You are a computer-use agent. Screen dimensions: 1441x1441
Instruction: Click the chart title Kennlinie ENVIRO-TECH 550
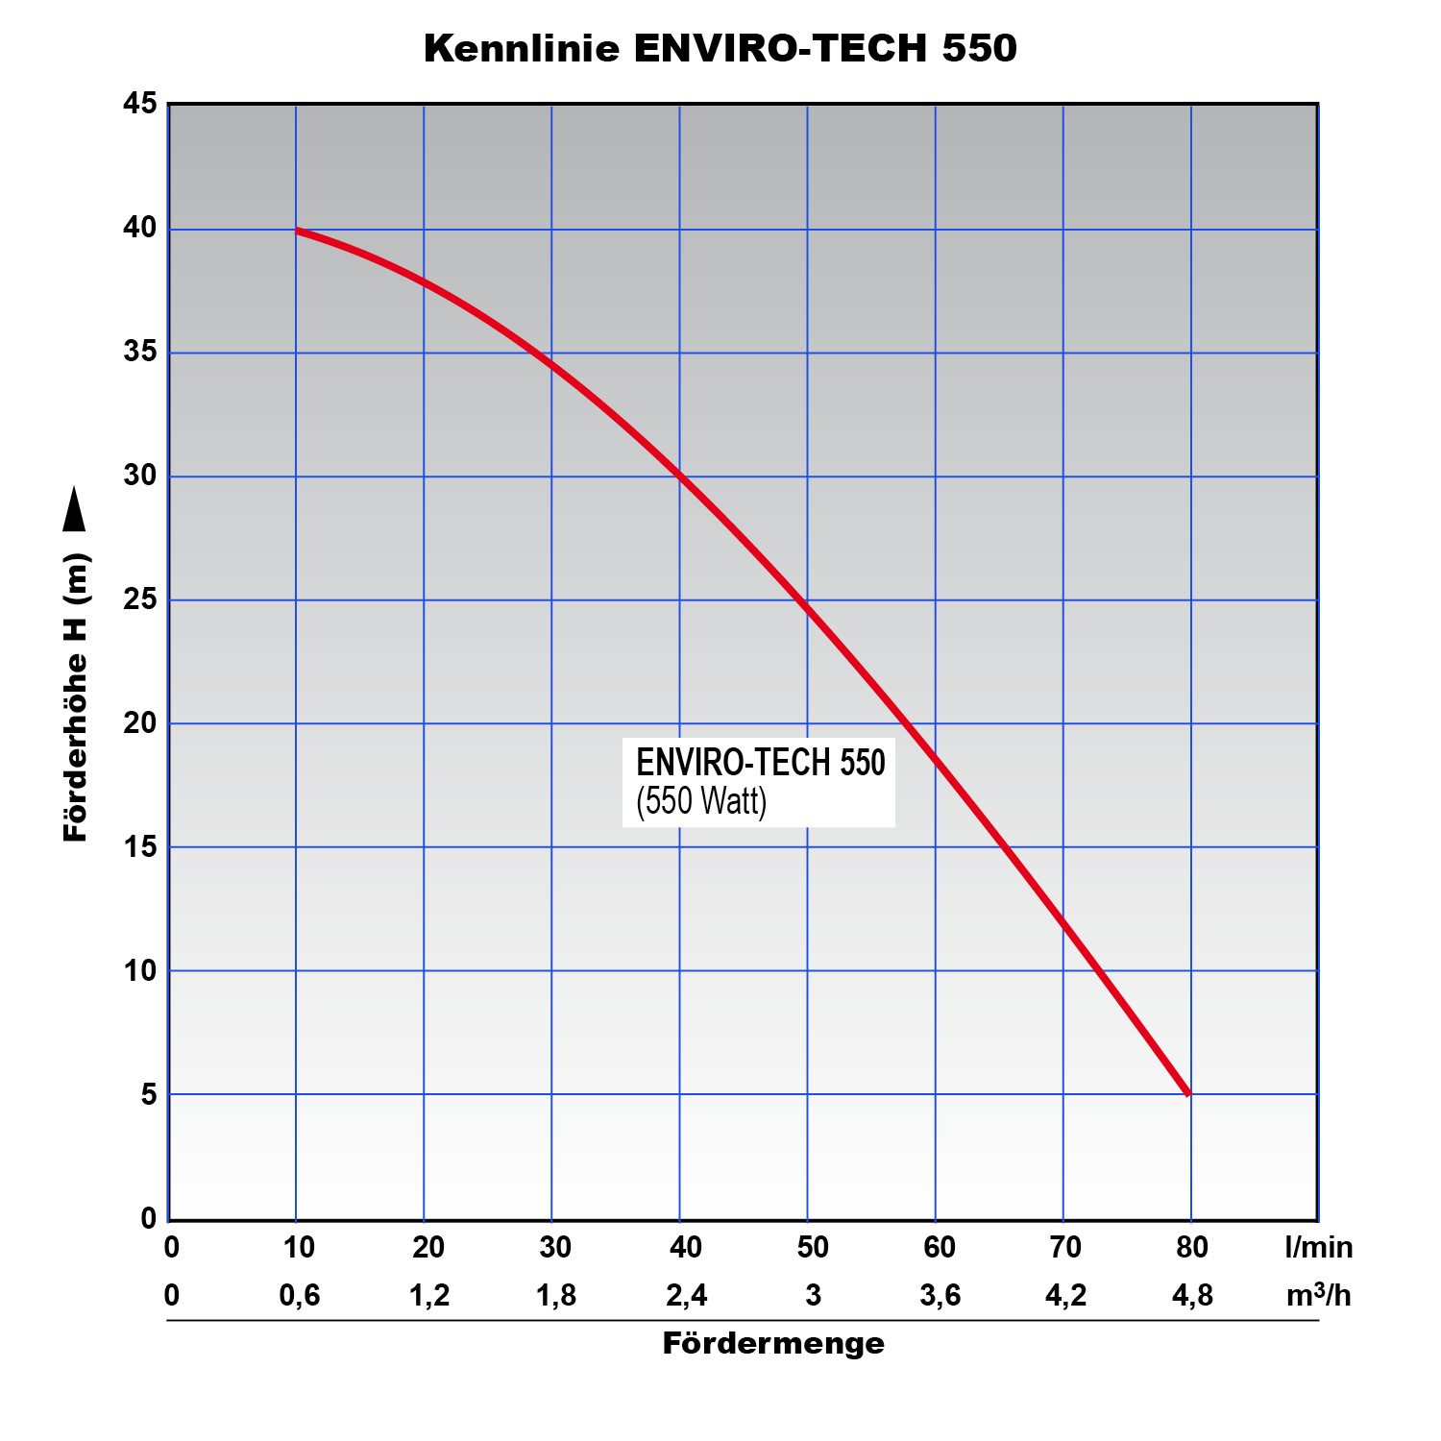coord(720,48)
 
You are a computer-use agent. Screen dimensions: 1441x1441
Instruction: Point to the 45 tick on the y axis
coord(140,103)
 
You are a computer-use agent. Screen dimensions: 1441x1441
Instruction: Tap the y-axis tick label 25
coord(140,600)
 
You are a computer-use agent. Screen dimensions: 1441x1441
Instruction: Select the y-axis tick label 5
coord(148,1094)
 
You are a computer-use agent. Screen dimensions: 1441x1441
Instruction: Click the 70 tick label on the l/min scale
coord(1065,1247)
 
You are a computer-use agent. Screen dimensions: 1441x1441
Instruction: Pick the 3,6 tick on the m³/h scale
coord(940,1296)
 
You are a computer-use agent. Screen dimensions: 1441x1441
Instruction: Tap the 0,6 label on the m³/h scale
coord(299,1296)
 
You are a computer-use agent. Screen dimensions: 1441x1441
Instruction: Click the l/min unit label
coord(1318,1247)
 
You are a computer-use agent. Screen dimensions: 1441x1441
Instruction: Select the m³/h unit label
coord(1318,1295)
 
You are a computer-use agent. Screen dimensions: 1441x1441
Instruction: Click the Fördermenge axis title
coord(773,1343)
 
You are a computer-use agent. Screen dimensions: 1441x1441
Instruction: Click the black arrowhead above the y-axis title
coord(74,509)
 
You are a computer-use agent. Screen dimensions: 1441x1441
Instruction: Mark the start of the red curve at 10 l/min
coord(298,231)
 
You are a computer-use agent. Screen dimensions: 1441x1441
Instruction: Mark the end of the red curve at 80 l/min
coord(1189,1092)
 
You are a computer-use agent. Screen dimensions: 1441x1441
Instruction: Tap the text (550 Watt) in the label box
coord(701,801)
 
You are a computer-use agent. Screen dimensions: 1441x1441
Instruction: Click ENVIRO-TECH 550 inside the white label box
coord(760,763)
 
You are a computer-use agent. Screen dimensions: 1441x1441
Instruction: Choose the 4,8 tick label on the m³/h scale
coord(1192,1296)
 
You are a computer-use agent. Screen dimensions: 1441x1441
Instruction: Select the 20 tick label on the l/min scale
coord(427,1247)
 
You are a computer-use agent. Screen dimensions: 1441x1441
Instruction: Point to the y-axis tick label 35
coord(140,353)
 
